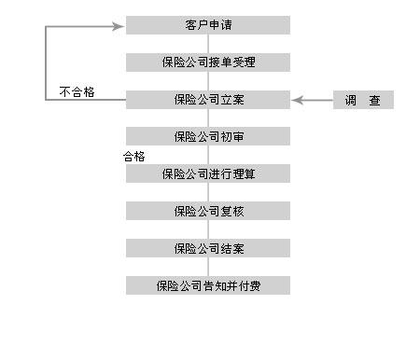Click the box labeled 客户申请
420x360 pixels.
point(207,25)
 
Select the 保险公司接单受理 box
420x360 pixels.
point(207,62)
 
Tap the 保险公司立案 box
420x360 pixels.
point(207,99)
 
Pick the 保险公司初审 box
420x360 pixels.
point(207,136)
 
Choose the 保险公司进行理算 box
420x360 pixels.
point(207,173)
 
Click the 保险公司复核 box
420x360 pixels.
point(207,211)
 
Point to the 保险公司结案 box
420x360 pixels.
point(207,248)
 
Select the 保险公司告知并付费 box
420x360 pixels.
point(207,285)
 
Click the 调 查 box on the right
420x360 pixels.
point(363,100)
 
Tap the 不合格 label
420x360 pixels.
point(77,92)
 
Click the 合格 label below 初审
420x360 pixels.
point(134,156)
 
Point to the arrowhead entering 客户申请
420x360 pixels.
point(118,26)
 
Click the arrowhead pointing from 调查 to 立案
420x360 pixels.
point(298,100)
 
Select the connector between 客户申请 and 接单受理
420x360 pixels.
point(208,44)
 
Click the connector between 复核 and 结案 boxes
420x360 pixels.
point(208,229)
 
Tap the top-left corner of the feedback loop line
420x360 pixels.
point(46,26)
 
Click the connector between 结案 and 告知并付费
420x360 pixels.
point(208,267)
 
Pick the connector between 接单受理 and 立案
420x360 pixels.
point(208,81)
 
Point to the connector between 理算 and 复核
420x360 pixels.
point(208,192)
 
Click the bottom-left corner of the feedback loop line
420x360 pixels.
point(46,100)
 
